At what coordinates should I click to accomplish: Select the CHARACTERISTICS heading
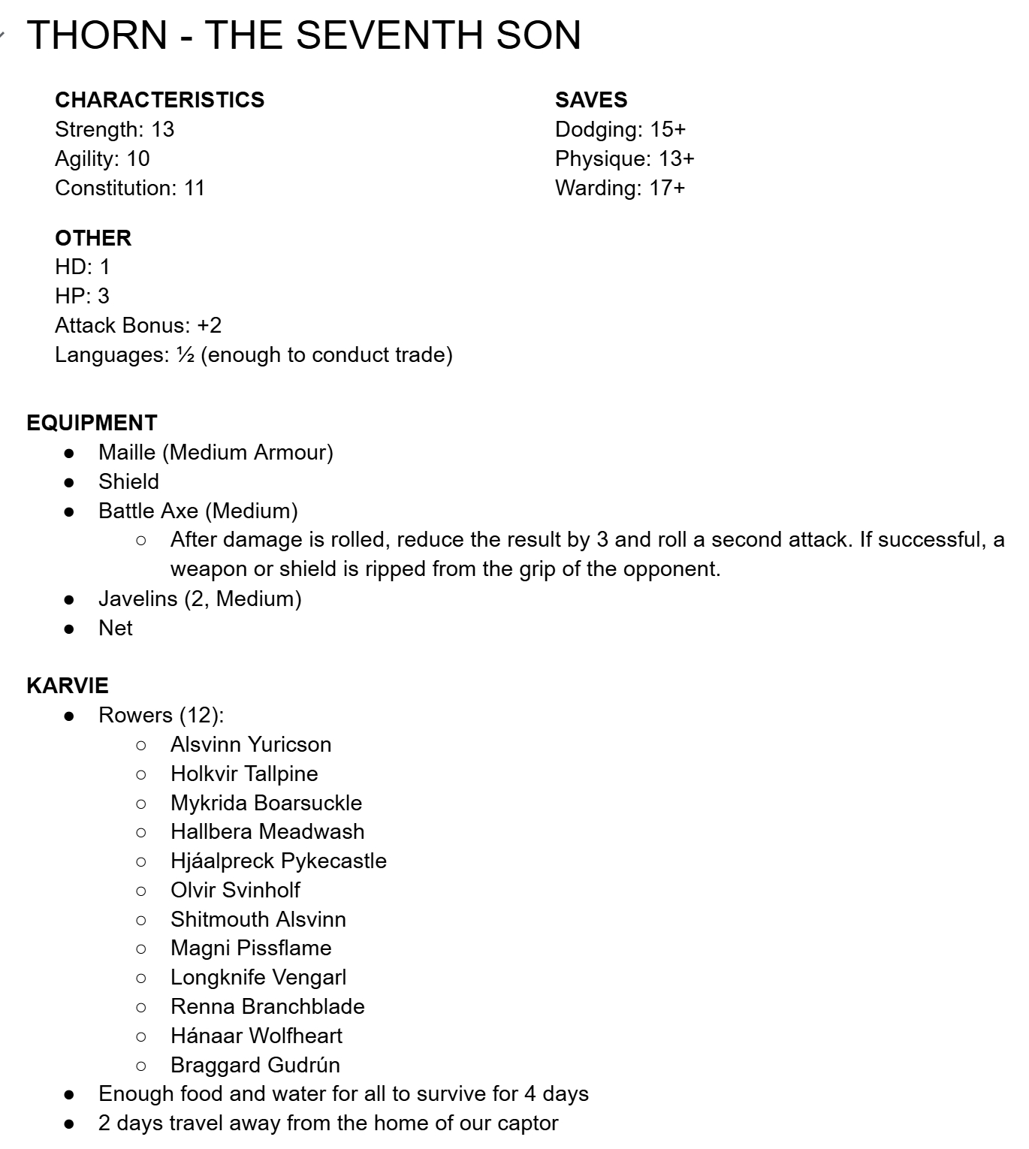click(x=159, y=100)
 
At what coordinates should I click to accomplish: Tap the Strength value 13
click(x=162, y=129)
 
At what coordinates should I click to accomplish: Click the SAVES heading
click(x=591, y=100)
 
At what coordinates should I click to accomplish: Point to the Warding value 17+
click(x=667, y=188)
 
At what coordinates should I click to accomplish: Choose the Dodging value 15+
click(x=668, y=129)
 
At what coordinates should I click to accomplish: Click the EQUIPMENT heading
click(x=92, y=423)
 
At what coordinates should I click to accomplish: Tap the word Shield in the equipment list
click(x=128, y=481)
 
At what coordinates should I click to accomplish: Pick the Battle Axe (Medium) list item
click(x=198, y=511)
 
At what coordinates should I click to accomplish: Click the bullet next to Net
click(x=70, y=629)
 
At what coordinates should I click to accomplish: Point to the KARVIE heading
click(x=68, y=686)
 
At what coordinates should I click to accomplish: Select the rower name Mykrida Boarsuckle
click(x=266, y=803)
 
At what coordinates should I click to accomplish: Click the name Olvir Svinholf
click(x=235, y=890)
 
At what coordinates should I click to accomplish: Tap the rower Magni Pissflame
click(x=251, y=948)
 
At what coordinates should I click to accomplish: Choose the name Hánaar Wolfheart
click(x=256, y=1036)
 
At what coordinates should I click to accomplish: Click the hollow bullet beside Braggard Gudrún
click(x=141, y=1066)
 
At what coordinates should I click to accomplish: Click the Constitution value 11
click(x=195, y=188)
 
